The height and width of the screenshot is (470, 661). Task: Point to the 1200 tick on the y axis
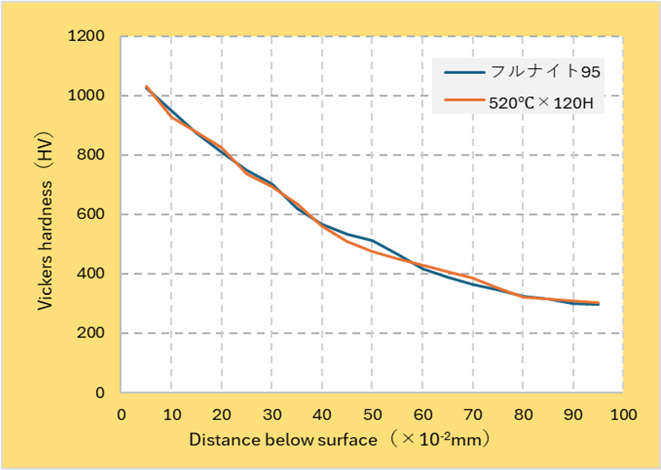pos(89,36)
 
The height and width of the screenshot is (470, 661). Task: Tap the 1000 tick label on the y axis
pos(89,96)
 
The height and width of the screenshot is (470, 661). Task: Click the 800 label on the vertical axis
pos(92,155)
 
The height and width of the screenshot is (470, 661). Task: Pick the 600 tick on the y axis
pos(92,215)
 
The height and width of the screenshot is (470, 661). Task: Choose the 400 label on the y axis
pos(92,274)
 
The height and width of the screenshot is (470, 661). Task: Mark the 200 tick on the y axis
pos(92,333)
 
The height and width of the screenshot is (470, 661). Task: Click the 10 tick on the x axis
pos(171,414)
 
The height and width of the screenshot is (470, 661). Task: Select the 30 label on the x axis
pos(272,414)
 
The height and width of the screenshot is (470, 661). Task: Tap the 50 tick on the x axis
pos(372,414)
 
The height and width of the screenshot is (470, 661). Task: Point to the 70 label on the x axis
pos(472,414)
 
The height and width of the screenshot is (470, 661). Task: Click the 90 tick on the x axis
pos(573,414)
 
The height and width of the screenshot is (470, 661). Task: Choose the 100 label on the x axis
pos(623,414)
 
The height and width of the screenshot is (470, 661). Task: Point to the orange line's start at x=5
pos(147,86)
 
